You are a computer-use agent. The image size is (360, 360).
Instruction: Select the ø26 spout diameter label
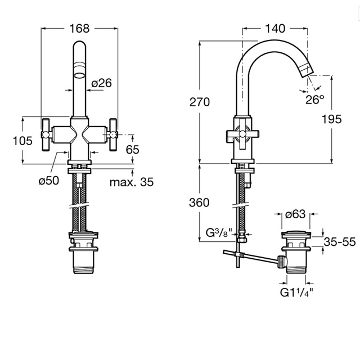coord(101,83)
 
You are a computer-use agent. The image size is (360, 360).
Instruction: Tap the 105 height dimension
coord(23,141)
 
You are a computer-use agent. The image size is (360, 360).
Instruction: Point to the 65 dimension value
coord(132,149)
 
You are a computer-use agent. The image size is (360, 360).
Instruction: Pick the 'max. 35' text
coord(131,182)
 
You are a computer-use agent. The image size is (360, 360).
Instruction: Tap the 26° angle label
coord(315,100)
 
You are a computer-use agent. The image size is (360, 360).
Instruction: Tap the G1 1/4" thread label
coord(296,292)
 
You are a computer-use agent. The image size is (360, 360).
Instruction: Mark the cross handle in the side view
coord(239,135)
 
